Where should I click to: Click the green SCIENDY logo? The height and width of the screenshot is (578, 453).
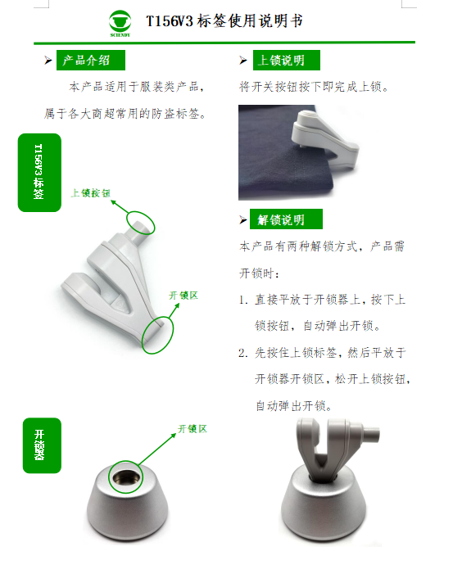click(120, 23)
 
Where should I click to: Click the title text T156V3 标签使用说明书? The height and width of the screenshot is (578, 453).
click(224, 20)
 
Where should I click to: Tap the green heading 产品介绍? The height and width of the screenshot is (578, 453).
click(91, 60)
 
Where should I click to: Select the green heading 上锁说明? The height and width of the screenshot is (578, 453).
click(286, 60)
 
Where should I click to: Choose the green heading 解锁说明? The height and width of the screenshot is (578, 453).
click(286, 219)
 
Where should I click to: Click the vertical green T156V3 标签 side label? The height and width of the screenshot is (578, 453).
click(39, 173)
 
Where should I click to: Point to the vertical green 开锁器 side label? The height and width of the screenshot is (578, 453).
click(42, 445)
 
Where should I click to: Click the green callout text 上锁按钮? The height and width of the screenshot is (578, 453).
click(90, 192)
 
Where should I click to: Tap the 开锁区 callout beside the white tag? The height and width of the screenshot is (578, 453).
click(183, 296)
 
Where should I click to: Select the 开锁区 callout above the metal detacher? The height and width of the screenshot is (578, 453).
click(193, 429)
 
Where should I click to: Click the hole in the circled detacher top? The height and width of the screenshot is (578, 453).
click(126, 478)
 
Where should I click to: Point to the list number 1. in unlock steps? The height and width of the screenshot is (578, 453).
click(243, 300)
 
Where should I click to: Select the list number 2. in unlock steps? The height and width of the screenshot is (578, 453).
click(243, 353)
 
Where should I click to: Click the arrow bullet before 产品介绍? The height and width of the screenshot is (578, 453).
click(48, 60)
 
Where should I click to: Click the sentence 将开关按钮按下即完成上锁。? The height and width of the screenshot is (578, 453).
click(314, 87)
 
